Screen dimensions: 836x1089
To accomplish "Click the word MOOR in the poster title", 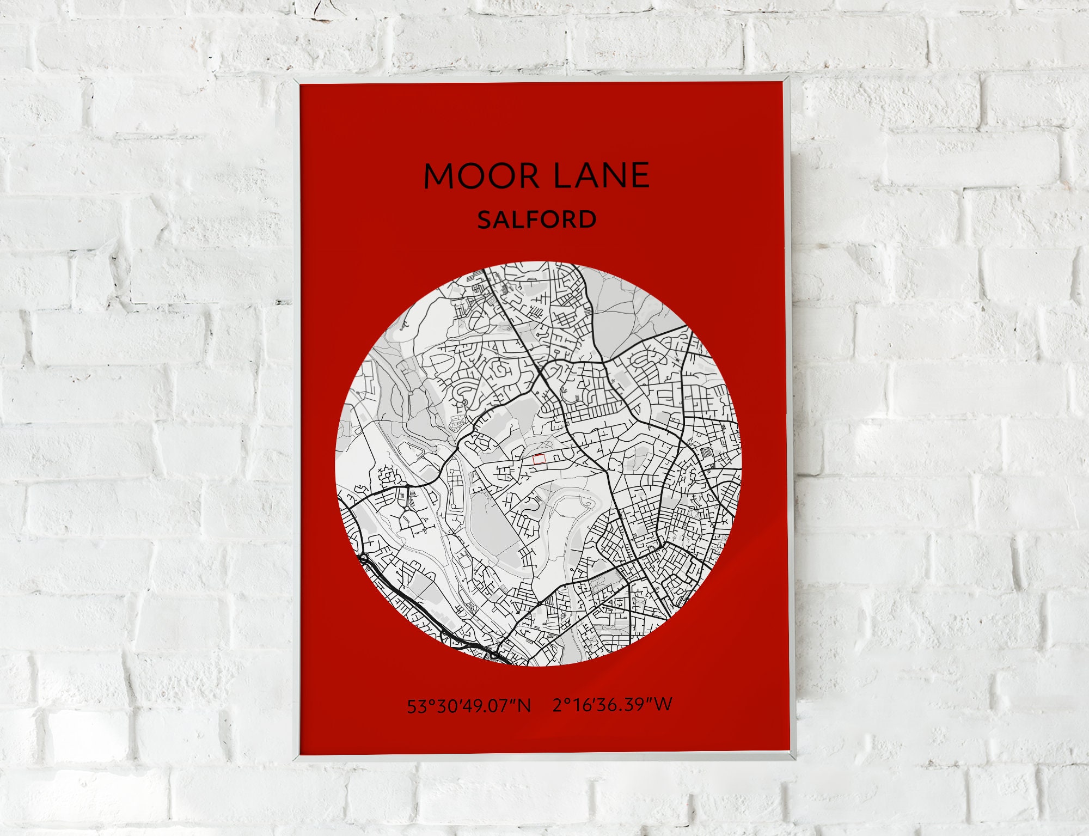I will [x=481, y=176].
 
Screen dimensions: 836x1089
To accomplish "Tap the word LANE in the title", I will [x=601, y=175].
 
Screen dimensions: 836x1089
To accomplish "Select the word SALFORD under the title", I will [x=537, y=219].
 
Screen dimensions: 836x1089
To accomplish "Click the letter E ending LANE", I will [x=638, y=175].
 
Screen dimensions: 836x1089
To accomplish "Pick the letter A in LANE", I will [x=580, y=175].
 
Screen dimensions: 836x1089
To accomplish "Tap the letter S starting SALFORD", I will [x=485, y=220].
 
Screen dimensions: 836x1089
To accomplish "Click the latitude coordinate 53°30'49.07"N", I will [x=469, y=706].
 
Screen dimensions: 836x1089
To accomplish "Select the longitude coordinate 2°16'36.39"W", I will [x=613, y=705].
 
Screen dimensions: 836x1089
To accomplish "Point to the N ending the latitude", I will [x=524, y=706].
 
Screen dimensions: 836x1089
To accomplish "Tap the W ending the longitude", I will [x=664, y=704].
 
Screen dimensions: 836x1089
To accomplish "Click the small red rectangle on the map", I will [x=539, y=459].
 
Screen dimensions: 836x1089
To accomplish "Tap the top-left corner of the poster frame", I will [x=296, y=80].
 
